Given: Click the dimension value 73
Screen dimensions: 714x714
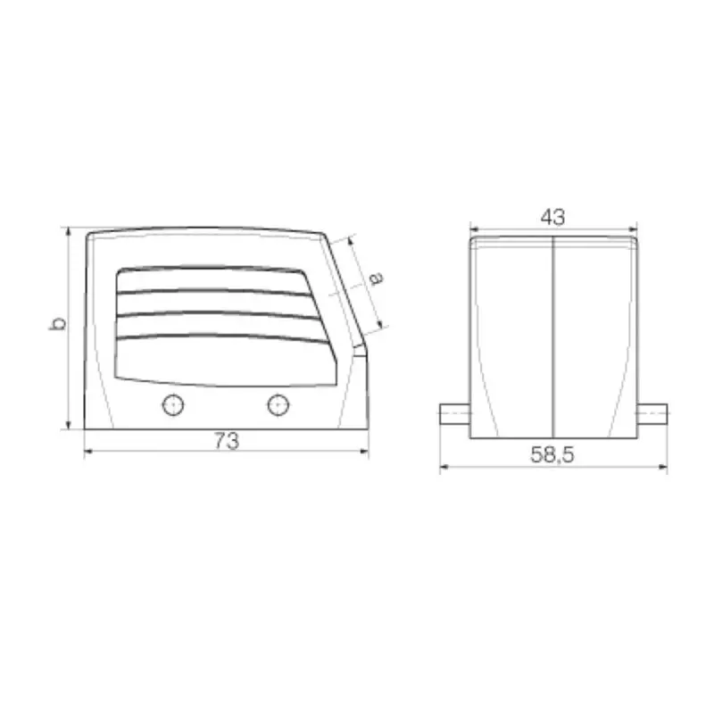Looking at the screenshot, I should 227,440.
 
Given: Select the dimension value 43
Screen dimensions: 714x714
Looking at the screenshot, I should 552,216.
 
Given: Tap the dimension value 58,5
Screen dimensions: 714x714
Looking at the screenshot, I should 552,455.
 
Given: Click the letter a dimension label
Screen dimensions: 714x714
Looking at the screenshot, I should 376,278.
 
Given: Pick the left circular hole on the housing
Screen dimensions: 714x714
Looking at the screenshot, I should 173,405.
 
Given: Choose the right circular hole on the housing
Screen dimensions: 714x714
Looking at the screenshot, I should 278,405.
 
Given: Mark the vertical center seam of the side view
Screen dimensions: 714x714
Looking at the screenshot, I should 554,339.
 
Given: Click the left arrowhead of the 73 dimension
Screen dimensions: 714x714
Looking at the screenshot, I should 88,452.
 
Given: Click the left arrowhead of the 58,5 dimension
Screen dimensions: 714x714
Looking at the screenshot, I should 444,468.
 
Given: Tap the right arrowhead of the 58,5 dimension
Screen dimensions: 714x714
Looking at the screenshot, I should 663,468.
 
